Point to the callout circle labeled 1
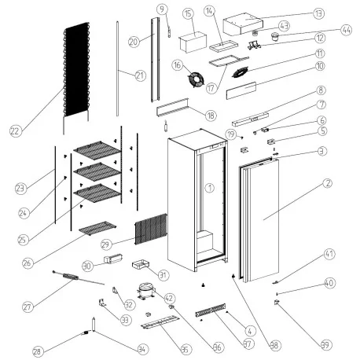(x=209, y=188)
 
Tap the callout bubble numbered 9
(x=163, y=9)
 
